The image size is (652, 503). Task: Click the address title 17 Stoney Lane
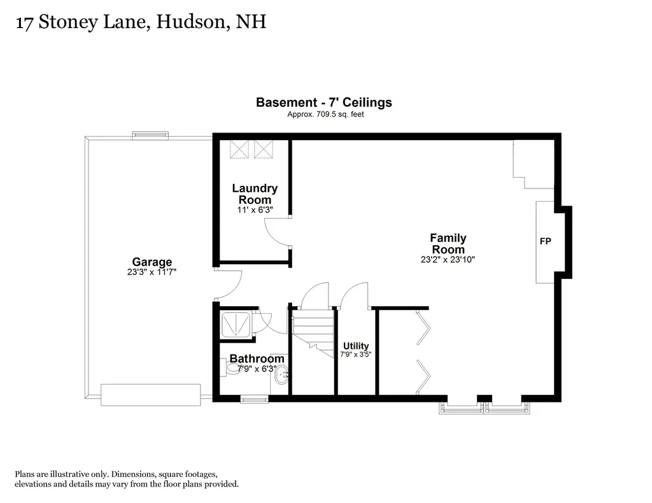click(x=139, y=23)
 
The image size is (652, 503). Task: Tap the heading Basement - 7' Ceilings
click(x=323, y=102)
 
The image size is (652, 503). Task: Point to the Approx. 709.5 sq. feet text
click(x=325, y=115)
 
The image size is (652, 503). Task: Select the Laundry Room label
click(x=254, y=194)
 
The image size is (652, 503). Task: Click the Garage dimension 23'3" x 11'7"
click(x=152, y=272)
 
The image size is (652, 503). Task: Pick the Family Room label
click(x=448, y=244)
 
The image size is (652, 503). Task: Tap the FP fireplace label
click(x=545, y=242)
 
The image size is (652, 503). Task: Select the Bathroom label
click(x=257, y=359)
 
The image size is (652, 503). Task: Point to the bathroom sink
click(x=281, y=375)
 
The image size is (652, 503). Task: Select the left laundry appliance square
click(x=239, y=148)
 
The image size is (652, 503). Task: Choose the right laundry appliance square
click(x=263, y=148)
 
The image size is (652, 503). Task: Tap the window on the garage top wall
click(x=150, y=135)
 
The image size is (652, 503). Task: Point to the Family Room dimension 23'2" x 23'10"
click(x=448, y=260)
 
